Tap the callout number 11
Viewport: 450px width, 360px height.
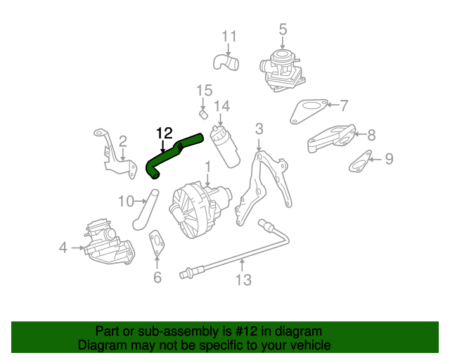pyautogui.click(x=230, y=36)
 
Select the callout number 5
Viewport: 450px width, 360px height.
pyautogui.click(x=283, y=30)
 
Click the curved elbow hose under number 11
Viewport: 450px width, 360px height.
pyautogui.click(x=226, y=63)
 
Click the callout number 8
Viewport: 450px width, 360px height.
pyautogui.click(x=371, y=133)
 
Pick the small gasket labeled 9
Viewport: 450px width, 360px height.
pyautogui.click(x=361, y=163)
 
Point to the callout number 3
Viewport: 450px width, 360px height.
pyautogui.click(x=259, y=129)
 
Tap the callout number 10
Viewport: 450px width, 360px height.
pyautogui.click(x=125, y=202)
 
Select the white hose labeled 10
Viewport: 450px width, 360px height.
pyautogui.click(x=143, y=211)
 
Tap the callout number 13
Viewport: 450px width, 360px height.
pyautogui.click(x=243, y=281)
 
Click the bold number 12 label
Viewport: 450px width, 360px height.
pyautogui.click(x=163, y=132)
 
